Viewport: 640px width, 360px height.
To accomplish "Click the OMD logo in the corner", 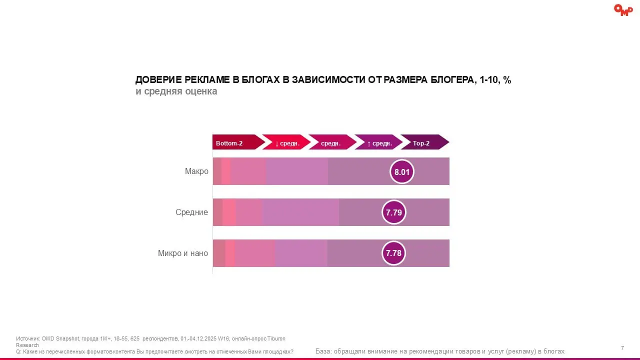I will pos(623,10).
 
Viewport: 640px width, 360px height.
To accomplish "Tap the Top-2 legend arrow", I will pos(423,142).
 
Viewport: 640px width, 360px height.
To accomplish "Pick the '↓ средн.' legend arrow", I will pos(285,142).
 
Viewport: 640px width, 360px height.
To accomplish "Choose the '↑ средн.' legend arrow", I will pos(378,142).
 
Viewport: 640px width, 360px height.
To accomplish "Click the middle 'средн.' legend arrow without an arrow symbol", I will pos(331,142).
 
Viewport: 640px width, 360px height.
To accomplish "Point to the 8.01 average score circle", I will pos(402,172).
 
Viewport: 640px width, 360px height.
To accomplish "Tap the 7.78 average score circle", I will pos(393,253).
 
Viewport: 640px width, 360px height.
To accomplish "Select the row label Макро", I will pos(196,171).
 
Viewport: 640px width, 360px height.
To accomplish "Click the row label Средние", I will pos(191,212).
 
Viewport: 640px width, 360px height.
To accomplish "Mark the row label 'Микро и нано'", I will pos(182,253).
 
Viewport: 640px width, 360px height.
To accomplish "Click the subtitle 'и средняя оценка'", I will pos(176,92).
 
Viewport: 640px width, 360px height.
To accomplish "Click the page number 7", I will pos(622,348).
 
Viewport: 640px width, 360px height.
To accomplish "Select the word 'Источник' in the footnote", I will pos(27,338).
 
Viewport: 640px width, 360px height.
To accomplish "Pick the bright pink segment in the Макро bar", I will pos(226,171).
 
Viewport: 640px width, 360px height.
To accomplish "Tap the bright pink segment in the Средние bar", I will pos(229,212).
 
